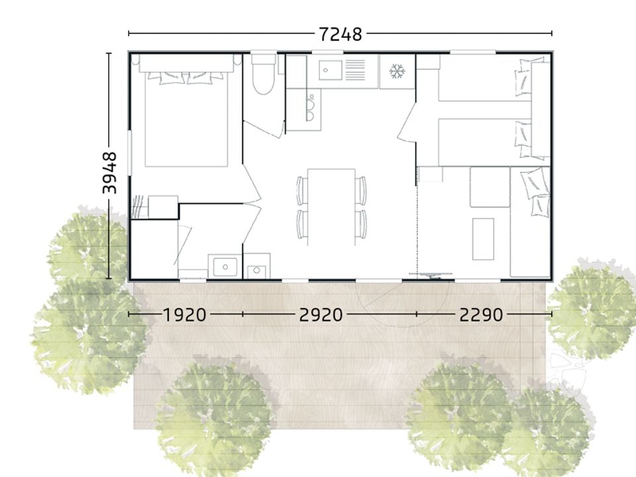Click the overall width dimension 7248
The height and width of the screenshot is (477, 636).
(341, 34)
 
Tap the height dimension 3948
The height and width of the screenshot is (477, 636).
(109, 173)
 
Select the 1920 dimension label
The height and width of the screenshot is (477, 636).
(185, 315)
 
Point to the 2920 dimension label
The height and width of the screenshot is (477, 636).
(321, 315)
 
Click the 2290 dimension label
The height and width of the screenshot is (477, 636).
(481, 315)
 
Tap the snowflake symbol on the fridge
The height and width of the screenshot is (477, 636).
(397, 72)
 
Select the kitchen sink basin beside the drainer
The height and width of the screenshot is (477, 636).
(330, 70)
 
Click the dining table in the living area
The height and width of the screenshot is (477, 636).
(331, 207)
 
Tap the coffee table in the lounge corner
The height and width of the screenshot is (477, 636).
(483, 239)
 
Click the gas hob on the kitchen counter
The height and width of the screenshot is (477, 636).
(310, 109)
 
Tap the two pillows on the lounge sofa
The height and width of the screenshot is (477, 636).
(535, 193)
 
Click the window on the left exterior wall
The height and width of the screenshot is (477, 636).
(130, 152)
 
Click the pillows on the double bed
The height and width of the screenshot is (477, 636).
(185, 77)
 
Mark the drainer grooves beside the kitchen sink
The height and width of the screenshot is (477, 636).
(355, 70)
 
